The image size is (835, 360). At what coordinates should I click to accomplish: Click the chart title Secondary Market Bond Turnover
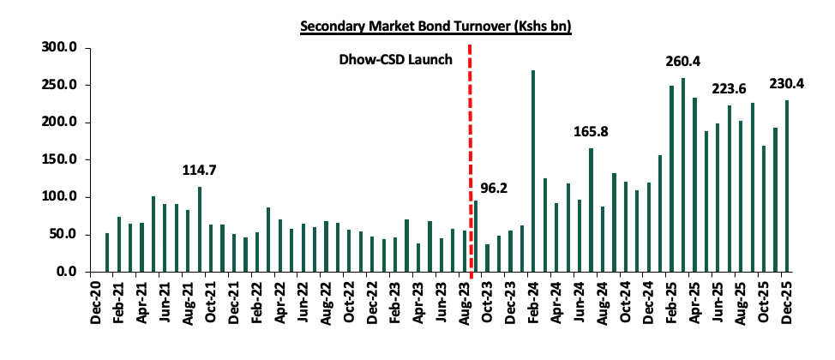(x=436, y=27)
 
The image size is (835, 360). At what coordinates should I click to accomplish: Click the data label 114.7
(x=200, y=171)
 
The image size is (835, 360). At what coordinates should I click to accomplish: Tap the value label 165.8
(x=592, y=132)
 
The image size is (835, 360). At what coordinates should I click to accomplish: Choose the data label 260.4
(x=683, y=62)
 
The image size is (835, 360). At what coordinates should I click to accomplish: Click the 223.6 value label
(x=730, y=90)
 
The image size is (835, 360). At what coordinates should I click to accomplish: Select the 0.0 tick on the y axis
(x=68, y=272)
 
